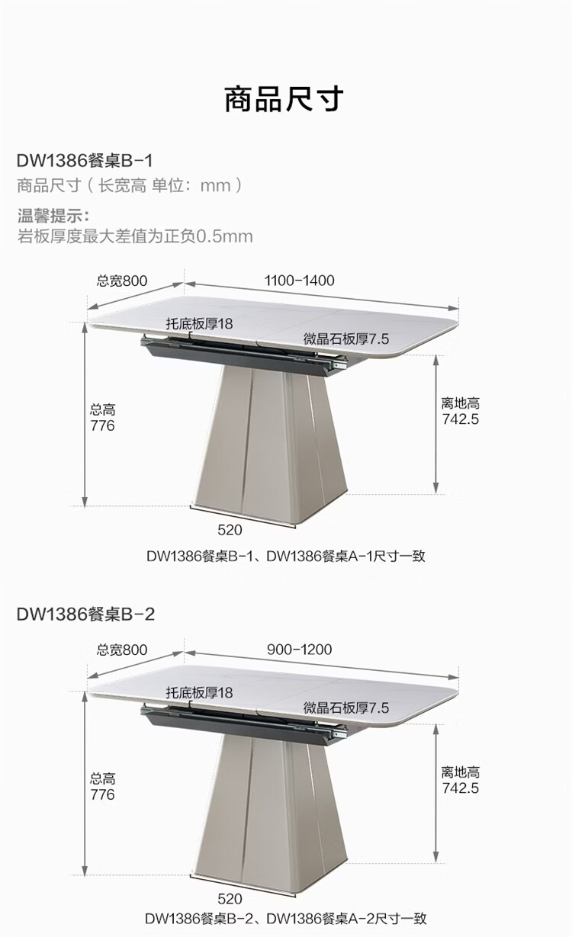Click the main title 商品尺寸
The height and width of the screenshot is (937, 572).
click(284, 99)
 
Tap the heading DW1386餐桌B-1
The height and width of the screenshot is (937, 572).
click(85, 161)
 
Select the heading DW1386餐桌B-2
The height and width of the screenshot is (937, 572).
click(85, 614)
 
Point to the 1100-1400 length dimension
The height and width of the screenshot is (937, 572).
click(299, 281)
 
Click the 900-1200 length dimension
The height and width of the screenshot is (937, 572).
click(299, 650)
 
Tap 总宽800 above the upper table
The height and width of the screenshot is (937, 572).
click(122, 281)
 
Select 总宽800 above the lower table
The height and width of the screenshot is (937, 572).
click(122, 650)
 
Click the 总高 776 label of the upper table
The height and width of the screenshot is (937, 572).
click(103, 418)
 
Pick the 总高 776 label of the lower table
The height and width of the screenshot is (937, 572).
click(103, 787)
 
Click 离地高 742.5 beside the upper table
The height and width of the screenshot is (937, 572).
click(461, 411)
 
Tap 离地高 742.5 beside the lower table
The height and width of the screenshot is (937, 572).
click(461, 780)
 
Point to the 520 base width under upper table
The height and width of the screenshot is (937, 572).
click(230, 530)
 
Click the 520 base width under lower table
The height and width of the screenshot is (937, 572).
click(230, 899)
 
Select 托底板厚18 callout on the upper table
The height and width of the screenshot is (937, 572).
click(199, 323)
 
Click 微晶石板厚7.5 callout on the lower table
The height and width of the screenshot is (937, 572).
click(346, 708)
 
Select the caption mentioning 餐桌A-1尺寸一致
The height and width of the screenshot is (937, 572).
click(285, 556)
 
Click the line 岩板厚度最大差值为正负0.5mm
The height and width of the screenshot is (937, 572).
click(135, 236)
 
